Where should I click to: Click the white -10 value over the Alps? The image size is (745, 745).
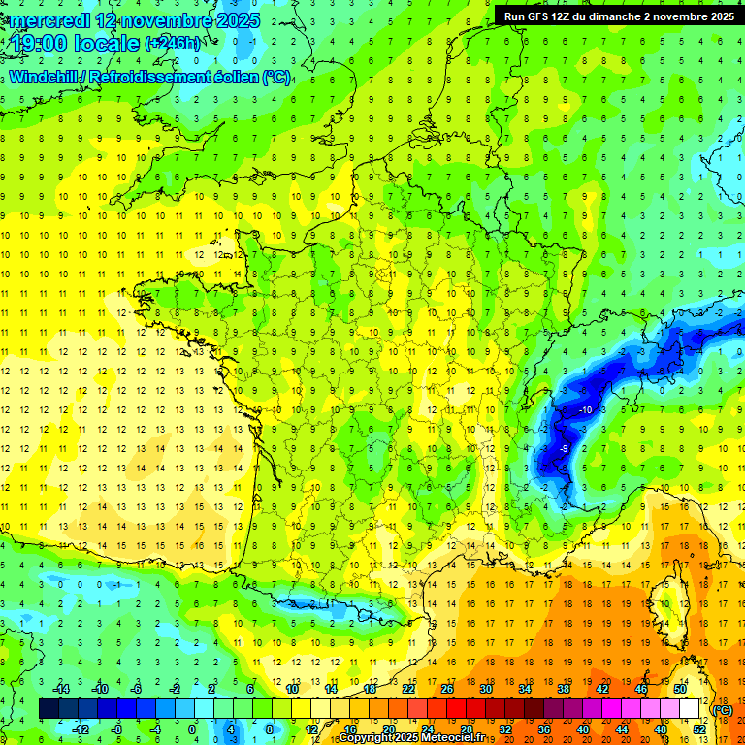pos(585,411)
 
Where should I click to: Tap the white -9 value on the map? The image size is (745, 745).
pos(564,449)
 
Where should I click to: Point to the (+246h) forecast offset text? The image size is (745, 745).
pos(174,44)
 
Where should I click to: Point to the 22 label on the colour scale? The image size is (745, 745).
pos(408,689)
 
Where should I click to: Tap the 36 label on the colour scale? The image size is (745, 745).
pos(543,729)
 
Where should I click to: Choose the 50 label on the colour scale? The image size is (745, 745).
pos(679,689)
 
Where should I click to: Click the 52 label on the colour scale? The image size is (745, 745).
pos(698,729)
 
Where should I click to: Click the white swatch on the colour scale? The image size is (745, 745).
pos(689,709)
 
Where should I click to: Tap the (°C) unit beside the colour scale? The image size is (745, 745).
pos(723,709)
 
